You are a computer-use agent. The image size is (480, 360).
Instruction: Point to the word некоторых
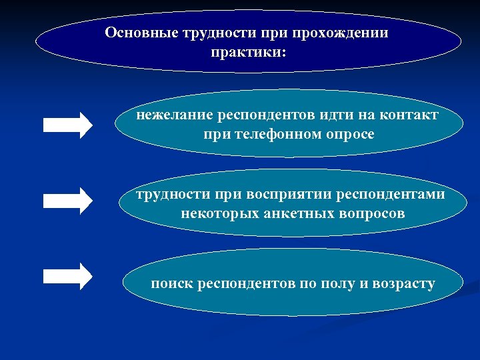tap(213, 215)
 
